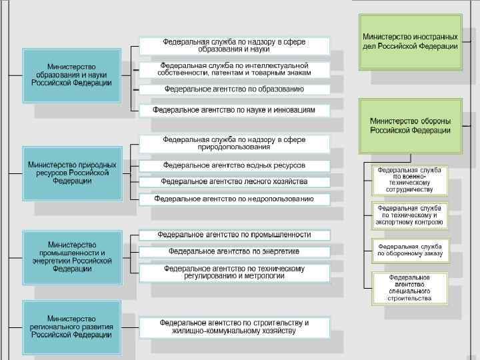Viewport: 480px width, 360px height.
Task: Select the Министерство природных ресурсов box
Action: click(x=72, y=173)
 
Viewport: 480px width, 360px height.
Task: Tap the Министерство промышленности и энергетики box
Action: click(x=72, y=257)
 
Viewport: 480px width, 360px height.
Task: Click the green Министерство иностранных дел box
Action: click(x=410, y=41)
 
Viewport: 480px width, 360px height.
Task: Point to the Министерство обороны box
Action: click(x=410, y=126)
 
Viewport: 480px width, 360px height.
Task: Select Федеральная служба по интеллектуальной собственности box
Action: click(x=234, y=69)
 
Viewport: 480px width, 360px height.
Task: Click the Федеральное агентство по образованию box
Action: click(x=234, y=89)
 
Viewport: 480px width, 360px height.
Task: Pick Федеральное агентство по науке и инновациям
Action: click(x=234, y=109)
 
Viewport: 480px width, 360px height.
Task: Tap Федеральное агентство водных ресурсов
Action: click(x=234, y=165)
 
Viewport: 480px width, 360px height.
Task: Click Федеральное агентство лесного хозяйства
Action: click(x=234, y=181)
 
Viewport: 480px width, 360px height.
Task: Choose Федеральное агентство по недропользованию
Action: click(x=234, y=199)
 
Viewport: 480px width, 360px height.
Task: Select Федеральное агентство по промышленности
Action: click(x=234, y=235)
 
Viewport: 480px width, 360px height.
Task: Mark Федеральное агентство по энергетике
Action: click(x=234, y=251)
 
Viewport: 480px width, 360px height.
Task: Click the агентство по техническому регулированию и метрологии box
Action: click(x=234, y=272)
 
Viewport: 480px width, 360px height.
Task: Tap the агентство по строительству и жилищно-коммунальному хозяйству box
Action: click(x=234, y=327)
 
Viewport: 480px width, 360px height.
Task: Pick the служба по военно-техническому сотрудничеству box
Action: click(x=410, y=180)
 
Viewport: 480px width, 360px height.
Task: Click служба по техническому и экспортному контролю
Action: click(x=410, y=215)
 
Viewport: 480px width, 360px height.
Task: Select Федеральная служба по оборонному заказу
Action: click(x=410, y=250)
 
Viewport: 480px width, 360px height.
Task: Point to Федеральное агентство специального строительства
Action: click(x=410, y=287)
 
